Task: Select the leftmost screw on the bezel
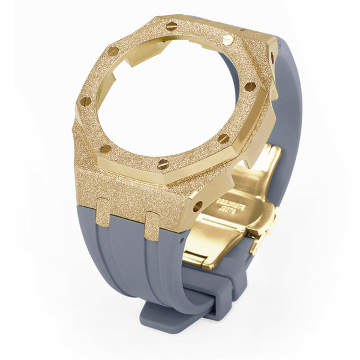click(85, 101)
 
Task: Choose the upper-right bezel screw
click(227, 40)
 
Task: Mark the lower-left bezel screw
click(106, 148)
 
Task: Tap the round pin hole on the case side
click(197, 206)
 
